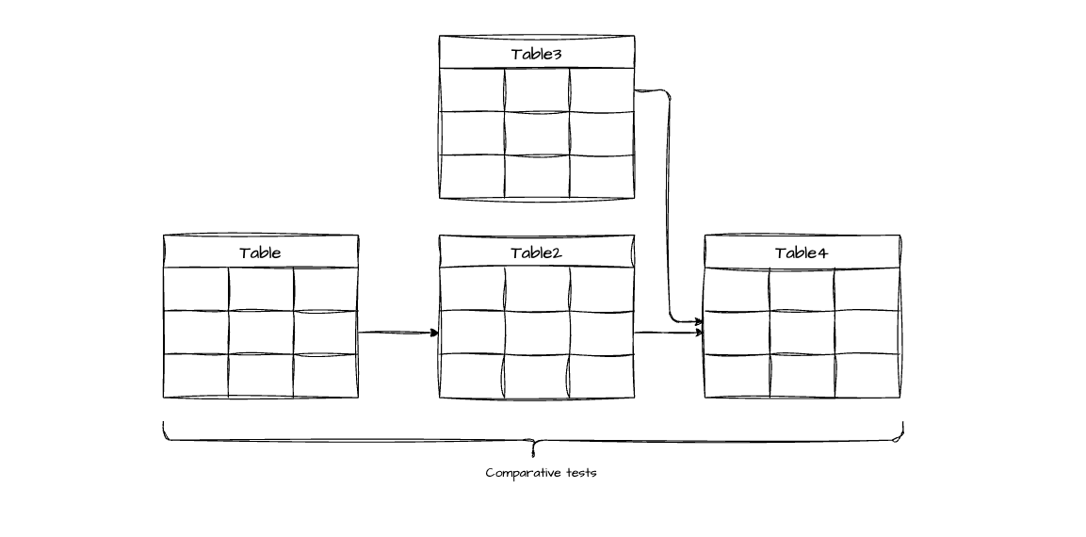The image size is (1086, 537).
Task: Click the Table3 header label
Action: pos(536,54)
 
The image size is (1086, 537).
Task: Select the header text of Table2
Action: pos(536,252)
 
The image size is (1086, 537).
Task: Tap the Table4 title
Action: pos(802,252)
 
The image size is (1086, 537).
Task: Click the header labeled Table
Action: pos(260,252)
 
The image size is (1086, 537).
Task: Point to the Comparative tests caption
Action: pos(541,473)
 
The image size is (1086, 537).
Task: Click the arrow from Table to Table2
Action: pos(398,333)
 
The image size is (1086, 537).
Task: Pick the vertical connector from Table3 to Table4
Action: pos(669,207)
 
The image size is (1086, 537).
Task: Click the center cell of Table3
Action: pos(536,134)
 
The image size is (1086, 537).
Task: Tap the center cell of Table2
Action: pos(536,333)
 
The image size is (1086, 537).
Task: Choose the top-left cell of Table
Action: pos(196,289)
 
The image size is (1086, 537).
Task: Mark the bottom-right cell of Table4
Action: pos(867,376)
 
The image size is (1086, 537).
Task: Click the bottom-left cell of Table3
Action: pos(472,176)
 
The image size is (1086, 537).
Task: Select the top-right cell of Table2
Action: pos(601,289)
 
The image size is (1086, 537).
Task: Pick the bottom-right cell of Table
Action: pos(326,376)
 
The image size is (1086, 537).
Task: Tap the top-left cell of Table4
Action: pos(737,289)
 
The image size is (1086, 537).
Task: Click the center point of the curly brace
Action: pos(533,441)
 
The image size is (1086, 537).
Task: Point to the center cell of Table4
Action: pos(802,333)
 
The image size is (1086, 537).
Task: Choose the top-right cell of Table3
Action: pos(601,90)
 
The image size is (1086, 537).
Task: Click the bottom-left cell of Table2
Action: pos(472,376)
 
